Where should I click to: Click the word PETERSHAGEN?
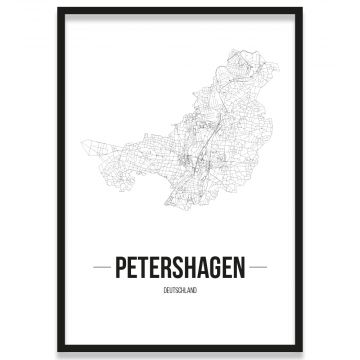180,268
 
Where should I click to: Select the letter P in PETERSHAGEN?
120,268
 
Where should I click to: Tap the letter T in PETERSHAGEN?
144,268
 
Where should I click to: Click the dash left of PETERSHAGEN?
100,268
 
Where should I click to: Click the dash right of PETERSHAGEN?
259,268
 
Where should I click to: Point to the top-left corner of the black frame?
59,9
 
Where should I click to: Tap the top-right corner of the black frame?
301,9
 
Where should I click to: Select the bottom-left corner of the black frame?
59,351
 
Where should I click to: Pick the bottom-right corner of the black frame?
301,351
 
